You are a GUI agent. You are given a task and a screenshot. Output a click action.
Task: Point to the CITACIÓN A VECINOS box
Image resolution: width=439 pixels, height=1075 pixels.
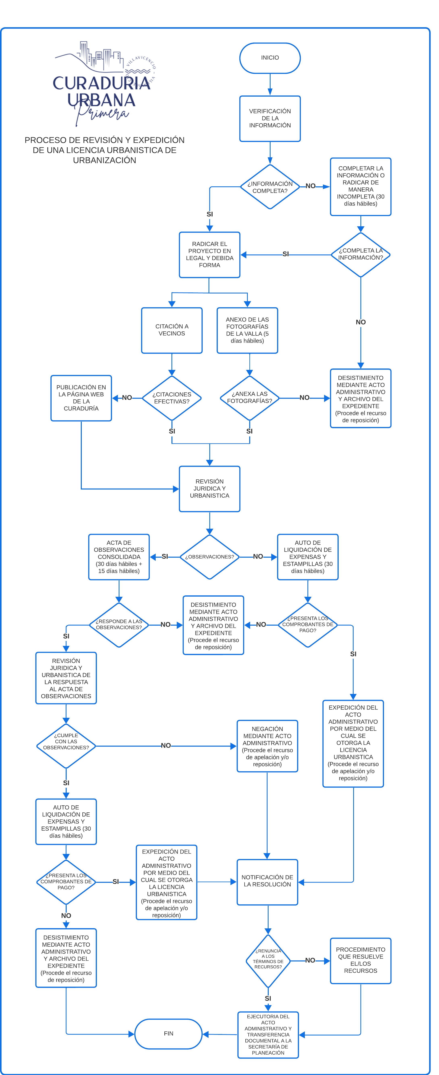click(x=172, y=330)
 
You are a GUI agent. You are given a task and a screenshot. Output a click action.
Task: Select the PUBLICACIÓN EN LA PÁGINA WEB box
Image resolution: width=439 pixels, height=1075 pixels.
click(x=81, y=398)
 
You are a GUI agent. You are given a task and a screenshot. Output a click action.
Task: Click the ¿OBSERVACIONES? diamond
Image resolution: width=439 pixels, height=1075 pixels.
click(x=210, y=557)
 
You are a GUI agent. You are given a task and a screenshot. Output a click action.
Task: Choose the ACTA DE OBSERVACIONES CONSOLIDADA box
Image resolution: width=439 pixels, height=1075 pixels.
click(x=119, y=557)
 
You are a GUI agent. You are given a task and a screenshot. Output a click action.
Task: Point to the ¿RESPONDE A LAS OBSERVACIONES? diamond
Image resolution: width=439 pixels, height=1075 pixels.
click(x=119, y=625)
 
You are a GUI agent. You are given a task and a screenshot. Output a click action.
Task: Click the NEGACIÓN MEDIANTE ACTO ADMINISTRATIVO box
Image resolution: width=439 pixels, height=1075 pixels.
click(x=267, y=746)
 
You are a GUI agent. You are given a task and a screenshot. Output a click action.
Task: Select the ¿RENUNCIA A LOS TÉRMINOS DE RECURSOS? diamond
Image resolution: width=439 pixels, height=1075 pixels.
click(x=268, y=961)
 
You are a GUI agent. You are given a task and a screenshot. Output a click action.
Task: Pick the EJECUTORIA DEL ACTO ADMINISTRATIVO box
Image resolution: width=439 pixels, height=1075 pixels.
click(x=268, y=1034)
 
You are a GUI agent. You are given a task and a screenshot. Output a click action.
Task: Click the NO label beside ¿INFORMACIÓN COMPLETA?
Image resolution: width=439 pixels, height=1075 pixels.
click(x=311, y=186)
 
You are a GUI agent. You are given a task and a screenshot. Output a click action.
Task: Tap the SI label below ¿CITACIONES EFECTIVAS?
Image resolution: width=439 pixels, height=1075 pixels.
click(x=172, y=431)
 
